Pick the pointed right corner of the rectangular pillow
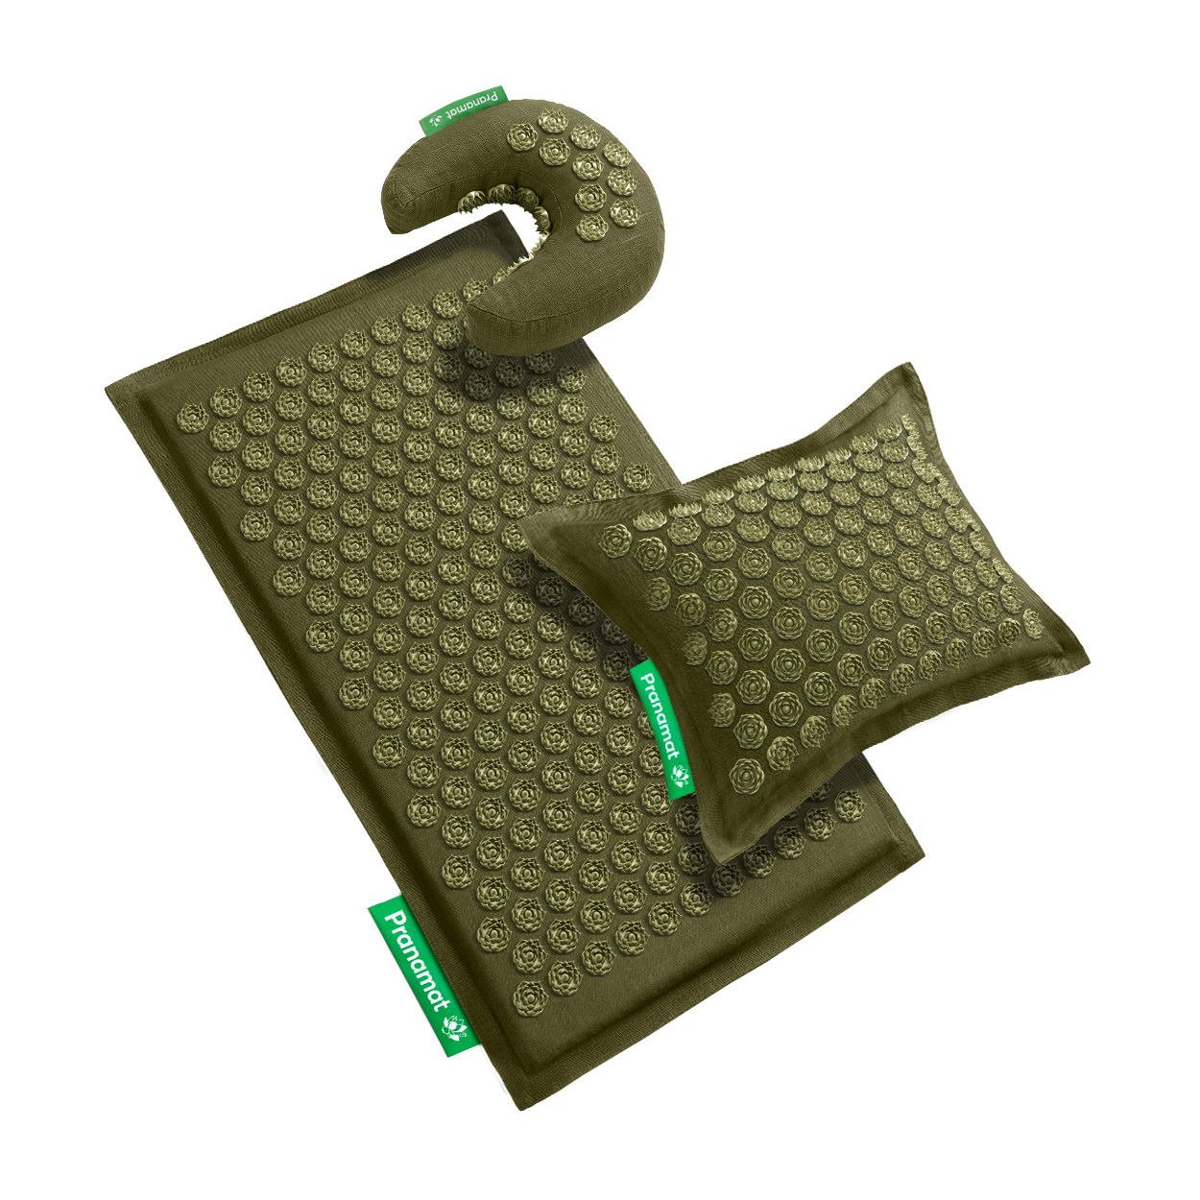(x=1089, y=658)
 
